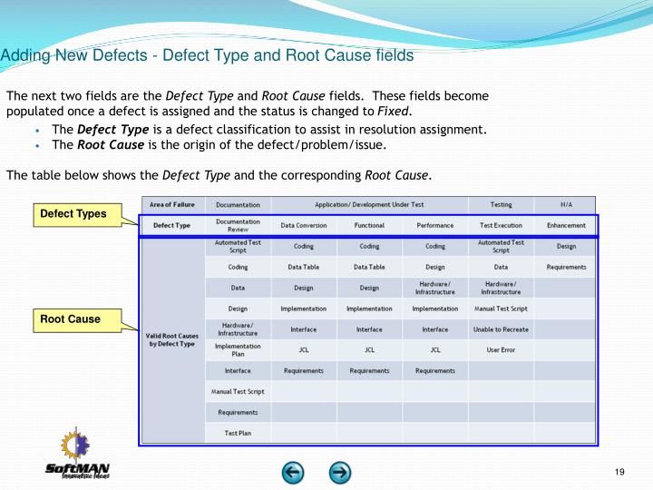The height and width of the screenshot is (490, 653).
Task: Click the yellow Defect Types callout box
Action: click(x=73, y=214)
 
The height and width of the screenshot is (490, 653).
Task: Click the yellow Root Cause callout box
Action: click(x=70, y=318)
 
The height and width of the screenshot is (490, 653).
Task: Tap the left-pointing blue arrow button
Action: click(x=292, y=472)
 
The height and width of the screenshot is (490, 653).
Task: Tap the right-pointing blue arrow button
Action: click(x=340, y=472)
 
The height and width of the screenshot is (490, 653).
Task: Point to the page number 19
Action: click(x=620, y=471)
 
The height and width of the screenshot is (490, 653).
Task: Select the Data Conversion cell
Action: click(x=303, y=225)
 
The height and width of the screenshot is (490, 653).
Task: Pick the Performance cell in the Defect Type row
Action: click(x=434, y=225)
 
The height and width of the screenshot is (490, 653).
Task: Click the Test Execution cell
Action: click(x=501, y=225)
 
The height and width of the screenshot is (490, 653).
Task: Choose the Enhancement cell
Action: click(x=566, y=225)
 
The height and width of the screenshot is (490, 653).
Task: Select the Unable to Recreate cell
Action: click(x=501, y=329)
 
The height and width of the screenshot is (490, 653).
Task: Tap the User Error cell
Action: click(x=501, y=350)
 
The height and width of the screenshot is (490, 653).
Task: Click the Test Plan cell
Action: click(x=238, y=434)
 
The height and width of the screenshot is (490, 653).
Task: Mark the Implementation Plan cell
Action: click(x=238, y=350)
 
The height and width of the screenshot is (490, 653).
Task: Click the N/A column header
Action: click(x=566, y=204)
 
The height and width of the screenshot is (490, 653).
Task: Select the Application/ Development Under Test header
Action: click(x=369, y=204)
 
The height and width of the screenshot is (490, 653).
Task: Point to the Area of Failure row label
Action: click(x=172, y=204)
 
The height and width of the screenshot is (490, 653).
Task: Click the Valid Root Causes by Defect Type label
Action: click(x=172, y=339)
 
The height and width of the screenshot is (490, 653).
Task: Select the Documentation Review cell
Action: click(x=238, y=225)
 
